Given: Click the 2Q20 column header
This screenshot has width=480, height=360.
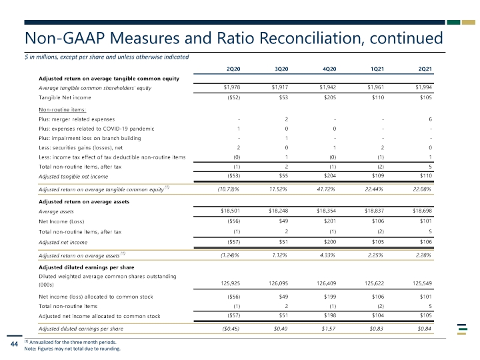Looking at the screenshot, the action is click(x=233, y=69).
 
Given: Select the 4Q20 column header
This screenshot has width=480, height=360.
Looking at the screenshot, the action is click(x=329, y=69).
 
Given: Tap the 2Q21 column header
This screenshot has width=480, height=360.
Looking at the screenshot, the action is click(x=425, y=69).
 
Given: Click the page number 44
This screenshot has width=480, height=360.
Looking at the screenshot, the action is click(x=14, y=344).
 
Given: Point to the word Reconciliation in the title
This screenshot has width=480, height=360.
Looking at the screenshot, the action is click(x=311, y=38).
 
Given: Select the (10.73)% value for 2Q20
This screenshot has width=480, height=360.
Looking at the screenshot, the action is click(x=228, y=189).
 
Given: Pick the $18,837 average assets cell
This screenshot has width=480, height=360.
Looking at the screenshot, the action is click(x=374, y=211).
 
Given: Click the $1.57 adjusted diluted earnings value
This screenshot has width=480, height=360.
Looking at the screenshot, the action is click(x=328, y=329).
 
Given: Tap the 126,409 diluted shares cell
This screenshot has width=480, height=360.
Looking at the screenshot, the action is click(x=326, y=283).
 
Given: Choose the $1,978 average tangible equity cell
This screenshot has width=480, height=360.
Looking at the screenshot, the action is click(x=232, y=87).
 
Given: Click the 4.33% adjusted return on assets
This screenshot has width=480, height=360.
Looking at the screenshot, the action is click(x=327, y=255).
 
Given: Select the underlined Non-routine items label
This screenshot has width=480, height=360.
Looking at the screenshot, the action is click(x=62, y=109).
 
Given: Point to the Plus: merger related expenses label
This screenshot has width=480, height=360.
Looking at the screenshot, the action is click(x=77, y=119).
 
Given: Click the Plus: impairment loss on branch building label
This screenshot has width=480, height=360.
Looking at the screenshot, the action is click(x=90, y=138).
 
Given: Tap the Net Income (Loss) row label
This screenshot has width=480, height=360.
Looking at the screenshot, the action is click(x=61, y=221).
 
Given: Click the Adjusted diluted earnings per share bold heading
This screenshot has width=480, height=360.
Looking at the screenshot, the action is click(x=86, y=267).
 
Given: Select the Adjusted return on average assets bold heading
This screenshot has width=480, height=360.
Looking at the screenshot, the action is click(x=84, y=202).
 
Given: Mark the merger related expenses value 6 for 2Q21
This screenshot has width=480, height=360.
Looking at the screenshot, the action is click(x=430, y=119).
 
